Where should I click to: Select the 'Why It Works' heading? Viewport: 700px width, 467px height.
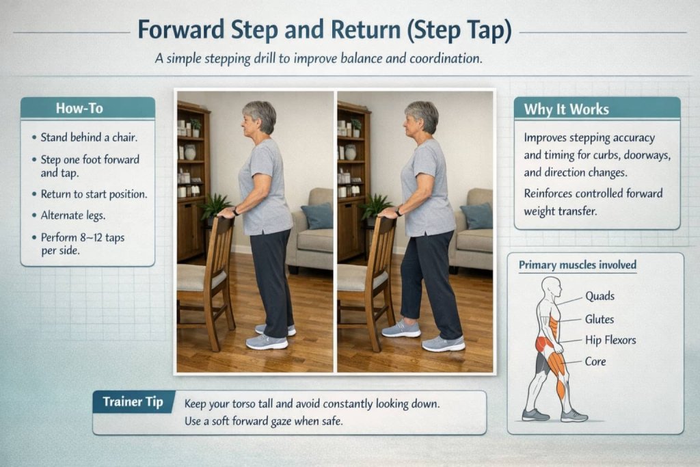[x=566, y=109]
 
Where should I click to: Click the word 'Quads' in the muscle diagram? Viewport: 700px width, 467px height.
[x=600, y=297]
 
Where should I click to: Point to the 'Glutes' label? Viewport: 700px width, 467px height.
[x=600, y=319]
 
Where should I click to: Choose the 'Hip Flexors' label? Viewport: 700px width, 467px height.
[x=610, y=340]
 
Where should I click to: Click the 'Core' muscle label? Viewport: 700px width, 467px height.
[x=595, y=361]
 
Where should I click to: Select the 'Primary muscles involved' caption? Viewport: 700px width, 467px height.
[x=578, y=265]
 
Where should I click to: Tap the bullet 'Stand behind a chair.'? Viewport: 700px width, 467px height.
[x=89, y=137]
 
